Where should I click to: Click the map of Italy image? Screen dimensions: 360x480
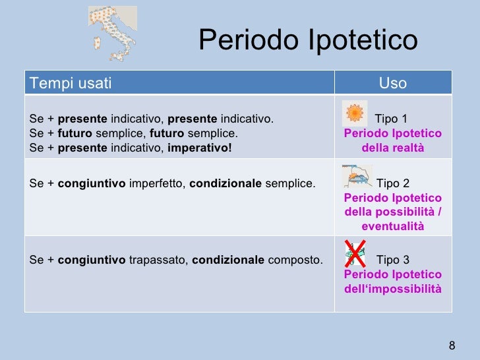[x=113, y=33]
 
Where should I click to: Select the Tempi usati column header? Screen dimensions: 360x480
[x=71, y=83]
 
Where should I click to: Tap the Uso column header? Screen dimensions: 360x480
[x=393, y=83]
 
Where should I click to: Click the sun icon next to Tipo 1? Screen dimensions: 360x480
[x=355, y=114]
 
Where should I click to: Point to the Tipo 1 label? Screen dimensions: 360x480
[x=391, y=119]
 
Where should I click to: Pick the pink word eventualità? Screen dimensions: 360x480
[x=393, y=227]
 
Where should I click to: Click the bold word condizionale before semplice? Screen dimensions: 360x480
[x=225, y=183]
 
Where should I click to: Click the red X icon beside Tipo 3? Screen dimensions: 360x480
[x=356, y=254]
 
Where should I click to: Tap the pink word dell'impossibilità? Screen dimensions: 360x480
[x=393, y=289]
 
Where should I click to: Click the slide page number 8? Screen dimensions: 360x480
[x=452, y=346]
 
